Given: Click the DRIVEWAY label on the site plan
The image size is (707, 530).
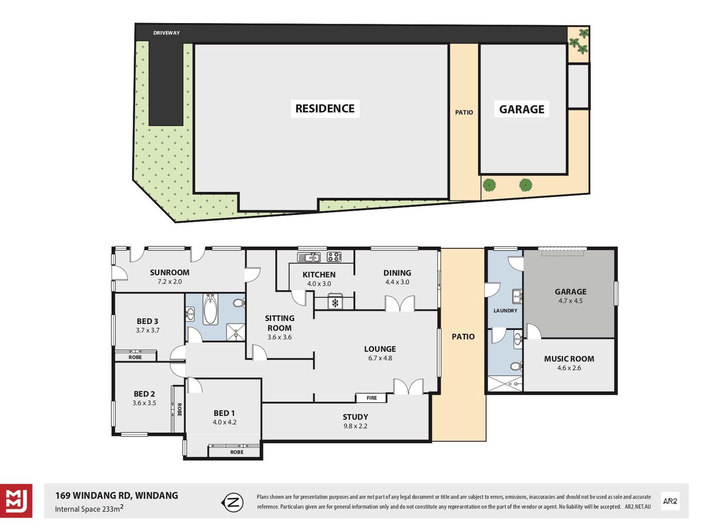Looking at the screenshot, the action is tap(166, 33).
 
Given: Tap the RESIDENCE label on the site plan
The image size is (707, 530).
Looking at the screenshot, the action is tap(325, 109).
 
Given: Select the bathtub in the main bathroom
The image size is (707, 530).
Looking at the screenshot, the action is tap(211, 309).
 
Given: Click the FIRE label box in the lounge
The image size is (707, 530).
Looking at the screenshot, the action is tap(371, 398).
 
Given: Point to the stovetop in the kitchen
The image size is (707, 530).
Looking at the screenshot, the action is tap(334, 257).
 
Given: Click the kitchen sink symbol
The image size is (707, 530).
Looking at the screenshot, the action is tap(309, 257).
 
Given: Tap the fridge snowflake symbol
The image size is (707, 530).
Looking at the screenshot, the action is tap(335, 303).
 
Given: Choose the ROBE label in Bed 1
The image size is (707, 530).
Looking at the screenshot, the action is tap(237, 452).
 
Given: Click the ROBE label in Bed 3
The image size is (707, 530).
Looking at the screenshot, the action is tap(135, 357).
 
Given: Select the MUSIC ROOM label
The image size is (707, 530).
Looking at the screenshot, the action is tap(569, 359).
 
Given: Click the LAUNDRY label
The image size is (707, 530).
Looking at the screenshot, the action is tap(505, 311).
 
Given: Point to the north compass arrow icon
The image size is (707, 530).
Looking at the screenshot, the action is tap(233, 503).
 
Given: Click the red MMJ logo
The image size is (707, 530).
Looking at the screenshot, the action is tap(16, 501).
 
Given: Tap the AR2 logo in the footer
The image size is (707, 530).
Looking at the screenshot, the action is tap(670, 501).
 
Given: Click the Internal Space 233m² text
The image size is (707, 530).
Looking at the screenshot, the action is tap(89, 508).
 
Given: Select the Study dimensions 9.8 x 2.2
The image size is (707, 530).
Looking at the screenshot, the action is tap(355, 426).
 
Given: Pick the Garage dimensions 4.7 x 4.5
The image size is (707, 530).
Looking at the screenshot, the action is tap(570, 301).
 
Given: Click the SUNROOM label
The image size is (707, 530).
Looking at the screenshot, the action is tap(170, 273).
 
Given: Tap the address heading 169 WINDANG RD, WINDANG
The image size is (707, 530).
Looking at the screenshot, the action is tap(116, 496).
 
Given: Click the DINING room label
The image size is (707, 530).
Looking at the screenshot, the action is tap(397, 273).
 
